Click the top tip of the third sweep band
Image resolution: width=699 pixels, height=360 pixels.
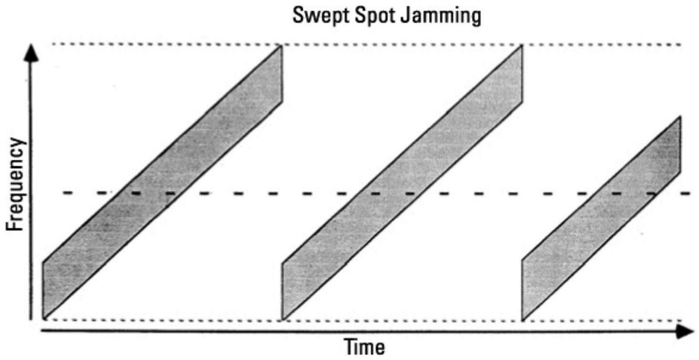click(x=679, y=117)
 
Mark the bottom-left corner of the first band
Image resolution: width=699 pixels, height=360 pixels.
click(x=44, y=318)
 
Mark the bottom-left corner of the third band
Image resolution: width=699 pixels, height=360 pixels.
click(x=524, y=319)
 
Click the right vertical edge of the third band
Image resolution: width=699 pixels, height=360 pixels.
click(x=679, y=145)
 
